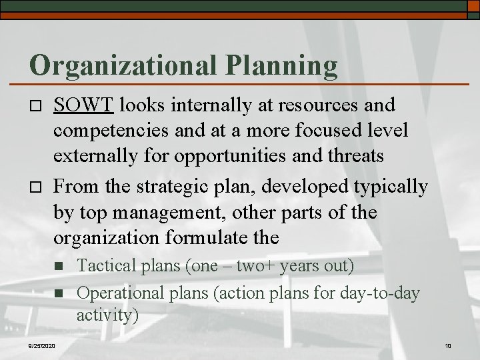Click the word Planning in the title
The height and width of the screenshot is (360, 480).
[283, 65]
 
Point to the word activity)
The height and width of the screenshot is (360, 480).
[107, 314]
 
